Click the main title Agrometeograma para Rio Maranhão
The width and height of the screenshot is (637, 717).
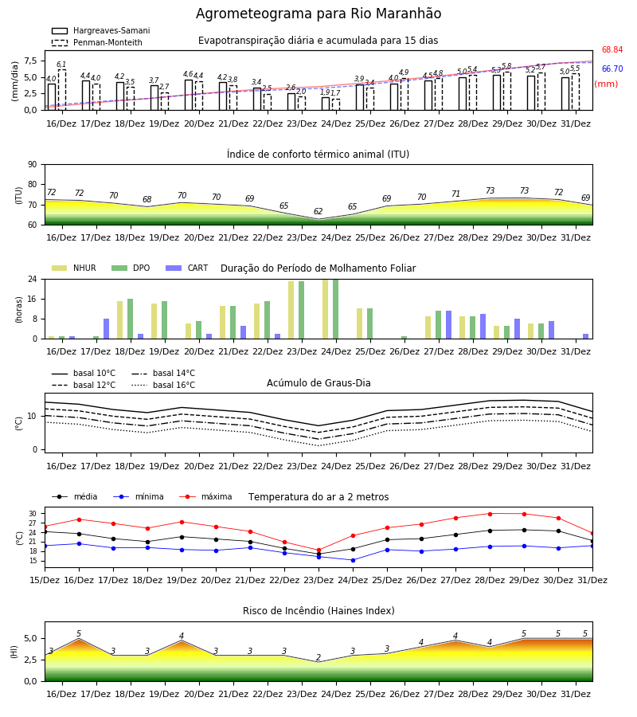[318, 14]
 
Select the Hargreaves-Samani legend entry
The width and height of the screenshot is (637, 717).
[100, 30]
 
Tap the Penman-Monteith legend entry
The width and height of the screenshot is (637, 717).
[97, 42]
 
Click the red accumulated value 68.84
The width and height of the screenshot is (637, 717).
[612, 50]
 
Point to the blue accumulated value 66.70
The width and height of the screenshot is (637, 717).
[612, 69]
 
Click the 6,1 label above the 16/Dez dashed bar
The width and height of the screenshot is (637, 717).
[61, 65]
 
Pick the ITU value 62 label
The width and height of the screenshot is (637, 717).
[318, 211]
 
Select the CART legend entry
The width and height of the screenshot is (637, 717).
[186, 268]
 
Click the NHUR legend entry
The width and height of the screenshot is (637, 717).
[74, 268]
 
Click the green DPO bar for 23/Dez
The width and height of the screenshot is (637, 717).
[302, 310]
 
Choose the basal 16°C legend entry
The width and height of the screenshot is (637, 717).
[163, 385]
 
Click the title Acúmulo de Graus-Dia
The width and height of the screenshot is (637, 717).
[318, 382]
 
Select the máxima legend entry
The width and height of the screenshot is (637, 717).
[205, 496]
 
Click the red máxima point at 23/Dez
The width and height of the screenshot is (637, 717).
[319, 550]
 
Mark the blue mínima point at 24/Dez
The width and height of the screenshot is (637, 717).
[354, 560]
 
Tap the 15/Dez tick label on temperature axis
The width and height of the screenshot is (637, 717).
[45, 580]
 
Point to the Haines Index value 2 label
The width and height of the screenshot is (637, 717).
[318, 657]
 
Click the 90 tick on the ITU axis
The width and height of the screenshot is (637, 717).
[33, 165]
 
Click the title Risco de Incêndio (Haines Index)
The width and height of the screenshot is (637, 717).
[318, 610]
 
